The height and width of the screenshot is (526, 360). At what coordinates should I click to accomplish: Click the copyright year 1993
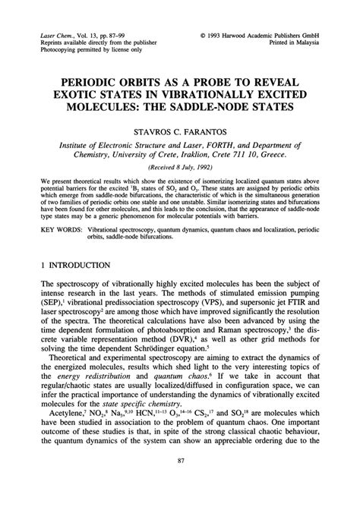point(216,35)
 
